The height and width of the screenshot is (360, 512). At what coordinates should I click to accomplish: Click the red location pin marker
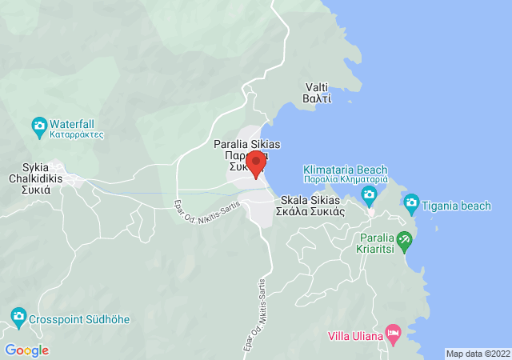pyautogui.click(x=256, y=164)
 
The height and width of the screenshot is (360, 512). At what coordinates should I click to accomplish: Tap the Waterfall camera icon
pyautogui.click(x=38, y=126)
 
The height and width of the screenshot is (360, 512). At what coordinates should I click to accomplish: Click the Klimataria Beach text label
pyautogui.click(x=345, y=174)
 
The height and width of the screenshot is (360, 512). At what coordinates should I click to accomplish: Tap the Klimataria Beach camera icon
pyautogui.click(x=369, y=194)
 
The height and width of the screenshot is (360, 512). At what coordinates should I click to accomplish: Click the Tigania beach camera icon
pyautogui.click(x=411, y=203)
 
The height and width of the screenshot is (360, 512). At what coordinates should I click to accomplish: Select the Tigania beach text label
pyautogui.click(x=458, y=206)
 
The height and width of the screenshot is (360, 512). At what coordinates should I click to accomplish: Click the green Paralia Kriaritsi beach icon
pyautogui.click(x=405, y=238)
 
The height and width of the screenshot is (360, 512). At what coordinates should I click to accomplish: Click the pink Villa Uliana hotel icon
pyautogui.click(x=393, y=332)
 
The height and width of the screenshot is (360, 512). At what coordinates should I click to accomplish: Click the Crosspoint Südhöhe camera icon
pyautogui.click(x=18, y=316)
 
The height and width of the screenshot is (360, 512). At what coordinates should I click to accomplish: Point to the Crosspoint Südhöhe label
pyautogui.click(x=79, y=320)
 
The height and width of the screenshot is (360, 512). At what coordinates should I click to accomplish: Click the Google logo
pyautogui.click(x=27, y=350)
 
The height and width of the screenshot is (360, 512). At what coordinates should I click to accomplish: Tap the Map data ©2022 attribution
pyautogui.click(x=478, y=354)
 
